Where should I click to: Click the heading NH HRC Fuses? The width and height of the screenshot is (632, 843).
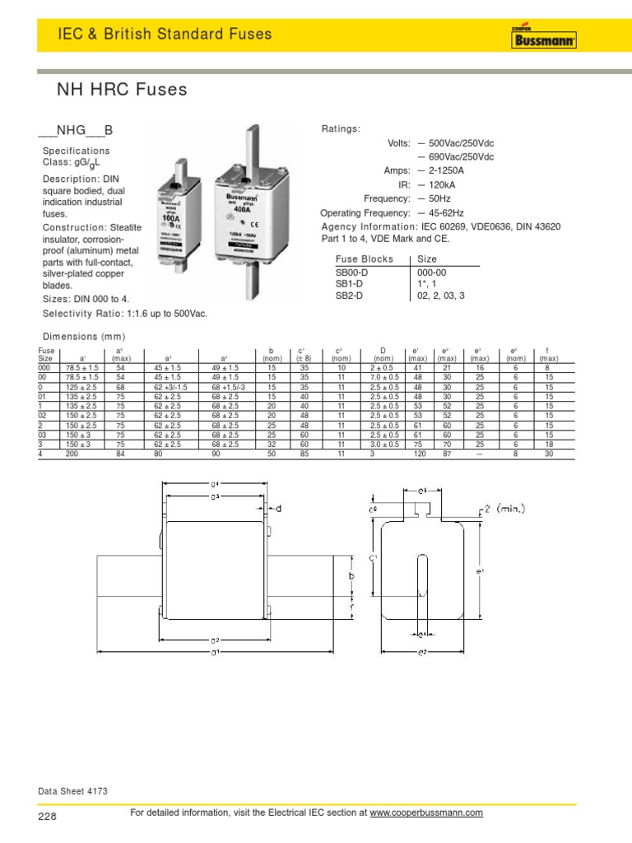(x=121, y=89)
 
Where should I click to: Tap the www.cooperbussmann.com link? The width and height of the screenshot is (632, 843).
(x=425, y=813)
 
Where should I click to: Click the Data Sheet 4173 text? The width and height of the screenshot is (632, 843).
(x=73, y=791)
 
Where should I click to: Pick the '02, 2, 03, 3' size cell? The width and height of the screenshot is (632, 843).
(x=440, y=294)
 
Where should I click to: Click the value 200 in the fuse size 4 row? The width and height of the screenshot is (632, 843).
(x=72, y=453)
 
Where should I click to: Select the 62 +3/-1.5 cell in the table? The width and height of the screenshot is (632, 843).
(x=170, y=386)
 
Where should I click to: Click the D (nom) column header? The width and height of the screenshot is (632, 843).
(x=383, y=354)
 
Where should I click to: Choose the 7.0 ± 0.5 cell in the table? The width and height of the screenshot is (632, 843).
(x=383, y=376)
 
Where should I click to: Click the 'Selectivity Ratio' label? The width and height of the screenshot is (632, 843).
(x=81, y=314)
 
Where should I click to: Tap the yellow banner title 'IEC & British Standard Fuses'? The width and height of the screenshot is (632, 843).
(x=165, y=34)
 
